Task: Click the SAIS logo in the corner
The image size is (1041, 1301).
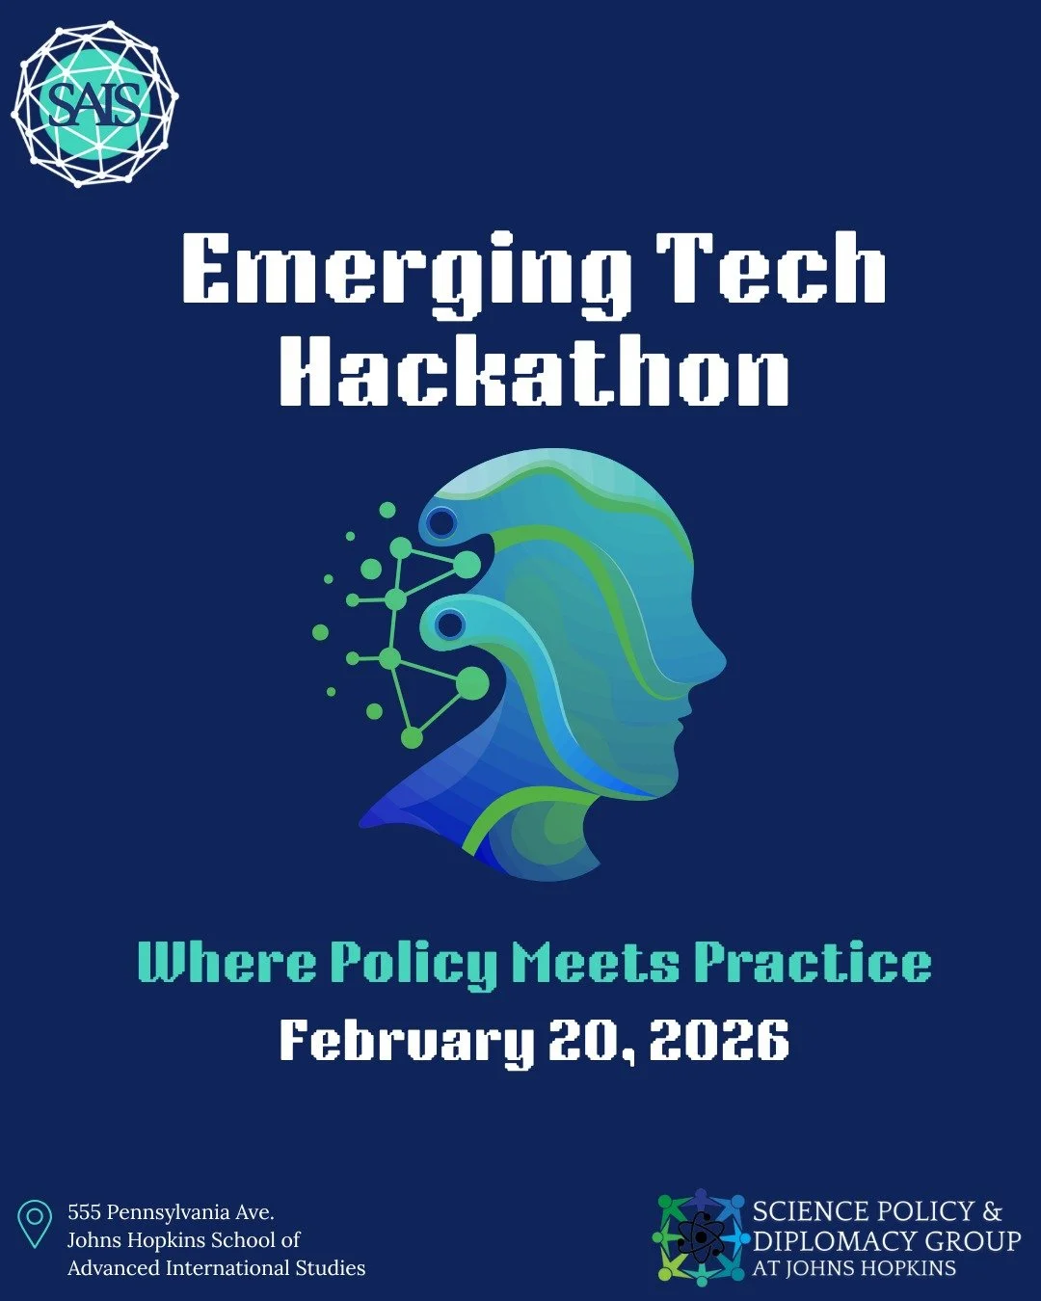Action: (94, 103)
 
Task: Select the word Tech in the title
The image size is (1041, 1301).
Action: (771, 270)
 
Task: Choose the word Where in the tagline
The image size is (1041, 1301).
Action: (227, 962)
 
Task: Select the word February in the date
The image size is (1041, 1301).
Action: (406, 1041)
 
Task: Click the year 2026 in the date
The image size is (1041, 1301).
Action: (719, 1040)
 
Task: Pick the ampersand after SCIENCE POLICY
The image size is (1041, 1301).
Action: (992, 1211)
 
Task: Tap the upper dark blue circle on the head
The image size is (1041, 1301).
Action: (441, 523)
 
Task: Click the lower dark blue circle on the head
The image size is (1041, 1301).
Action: (450, 624)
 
